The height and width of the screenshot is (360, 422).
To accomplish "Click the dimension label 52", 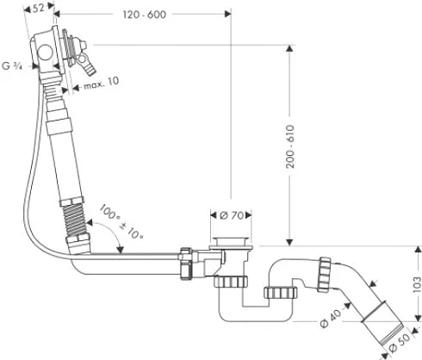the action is (x=38, y=8).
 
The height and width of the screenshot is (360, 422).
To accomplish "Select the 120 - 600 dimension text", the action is (x=145, y=15).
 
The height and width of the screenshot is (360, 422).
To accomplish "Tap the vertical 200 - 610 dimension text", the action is (x=290, y=146).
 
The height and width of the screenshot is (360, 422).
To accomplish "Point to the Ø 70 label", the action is (x=232, y=215).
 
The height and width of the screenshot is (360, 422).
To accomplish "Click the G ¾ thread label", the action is (x=12, y=66).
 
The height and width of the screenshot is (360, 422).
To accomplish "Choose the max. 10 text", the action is (x=101, y=83).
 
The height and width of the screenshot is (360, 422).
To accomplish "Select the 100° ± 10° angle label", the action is (x=121, y=221).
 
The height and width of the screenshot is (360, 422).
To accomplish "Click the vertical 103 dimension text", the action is (x=417, y=284).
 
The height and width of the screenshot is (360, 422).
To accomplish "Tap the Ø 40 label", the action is (x=331, y=318).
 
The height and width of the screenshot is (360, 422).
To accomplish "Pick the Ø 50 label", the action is (x=400, y=342).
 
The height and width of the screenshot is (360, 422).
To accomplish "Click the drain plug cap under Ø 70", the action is (x=231, y=243).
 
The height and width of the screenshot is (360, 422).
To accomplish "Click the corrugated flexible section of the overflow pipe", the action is (x=75, y=220).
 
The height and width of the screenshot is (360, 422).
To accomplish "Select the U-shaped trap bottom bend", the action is (x=256, y=313).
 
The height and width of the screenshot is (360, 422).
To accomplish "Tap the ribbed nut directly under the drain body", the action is (x=231, y=282).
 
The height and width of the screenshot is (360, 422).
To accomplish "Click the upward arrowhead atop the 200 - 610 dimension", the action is (x=289, y=49).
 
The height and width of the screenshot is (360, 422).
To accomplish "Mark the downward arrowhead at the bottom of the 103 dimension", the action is (x=417, y=317).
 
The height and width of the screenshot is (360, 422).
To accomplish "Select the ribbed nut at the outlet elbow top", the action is (x=325, y=275).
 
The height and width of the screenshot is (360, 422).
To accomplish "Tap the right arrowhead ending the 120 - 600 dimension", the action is (x=227, y=14).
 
